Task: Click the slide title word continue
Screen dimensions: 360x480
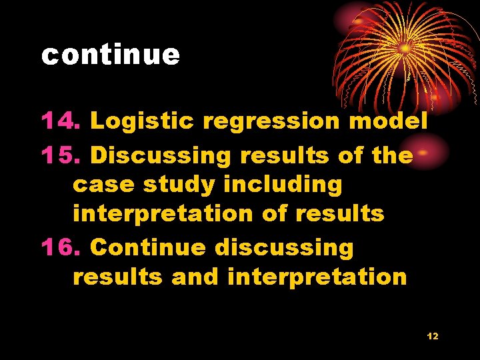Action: tap(110, 55)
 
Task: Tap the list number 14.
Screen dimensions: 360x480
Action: tap(61, 121)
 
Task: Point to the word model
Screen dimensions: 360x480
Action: tap(388, 121)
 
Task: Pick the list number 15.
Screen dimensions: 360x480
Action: tap(61, 155)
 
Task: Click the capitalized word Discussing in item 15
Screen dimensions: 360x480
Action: tap(161, 156)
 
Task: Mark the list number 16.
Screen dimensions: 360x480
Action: tap(61, 247)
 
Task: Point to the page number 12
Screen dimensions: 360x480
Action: tap(433, 336)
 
